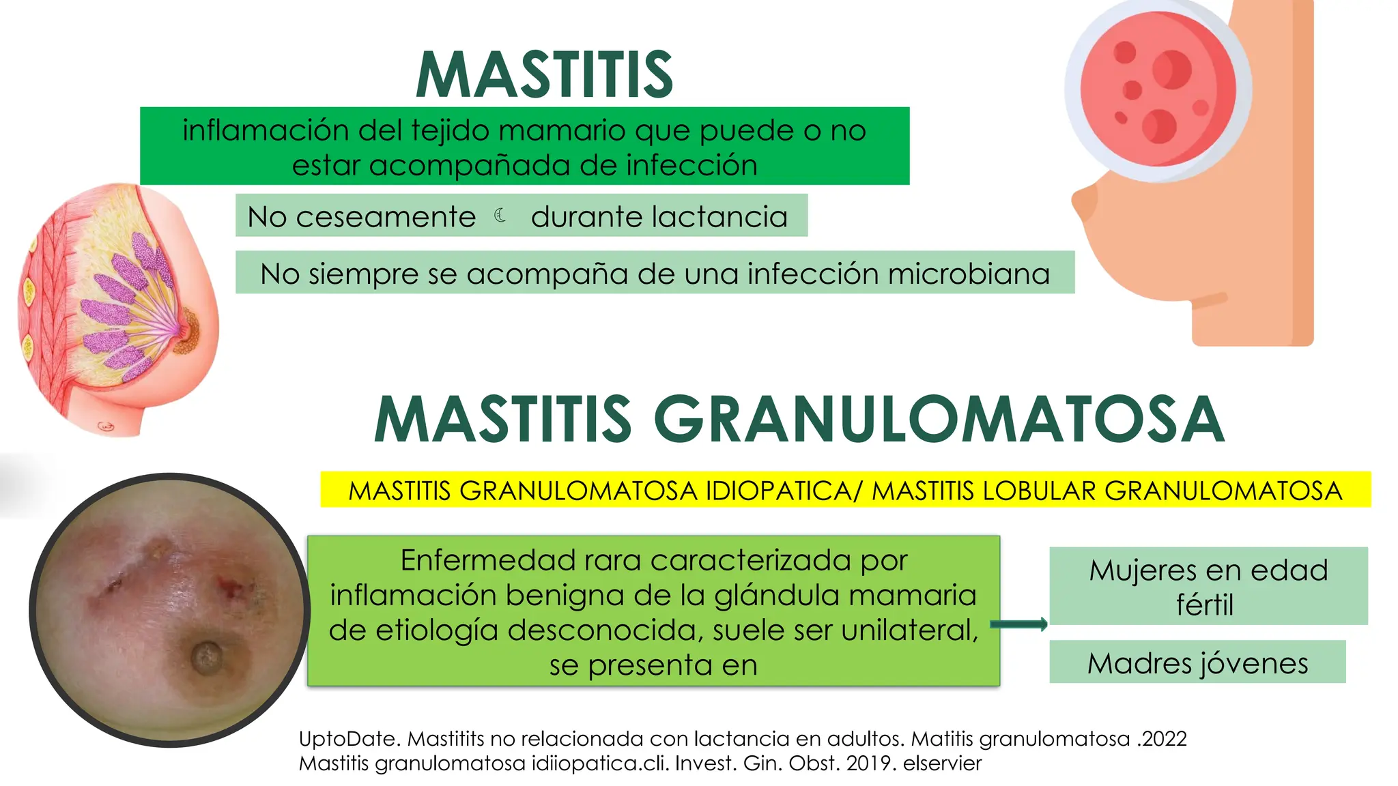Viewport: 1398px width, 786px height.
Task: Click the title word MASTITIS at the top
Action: (x=545, y=75)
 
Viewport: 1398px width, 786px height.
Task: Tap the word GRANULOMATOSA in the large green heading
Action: (x=939, y=420)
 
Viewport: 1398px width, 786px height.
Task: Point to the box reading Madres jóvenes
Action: (x=1197, y=663)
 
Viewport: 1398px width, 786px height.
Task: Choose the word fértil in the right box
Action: (x=1205, y=605)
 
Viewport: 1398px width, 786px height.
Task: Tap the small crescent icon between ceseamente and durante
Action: (x=500, y=216)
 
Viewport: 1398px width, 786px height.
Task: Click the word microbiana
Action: (x=969, y=274)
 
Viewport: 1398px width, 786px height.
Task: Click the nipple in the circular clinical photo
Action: (x=206, y=656)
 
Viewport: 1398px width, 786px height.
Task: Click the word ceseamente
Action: (x=386, y=217)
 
